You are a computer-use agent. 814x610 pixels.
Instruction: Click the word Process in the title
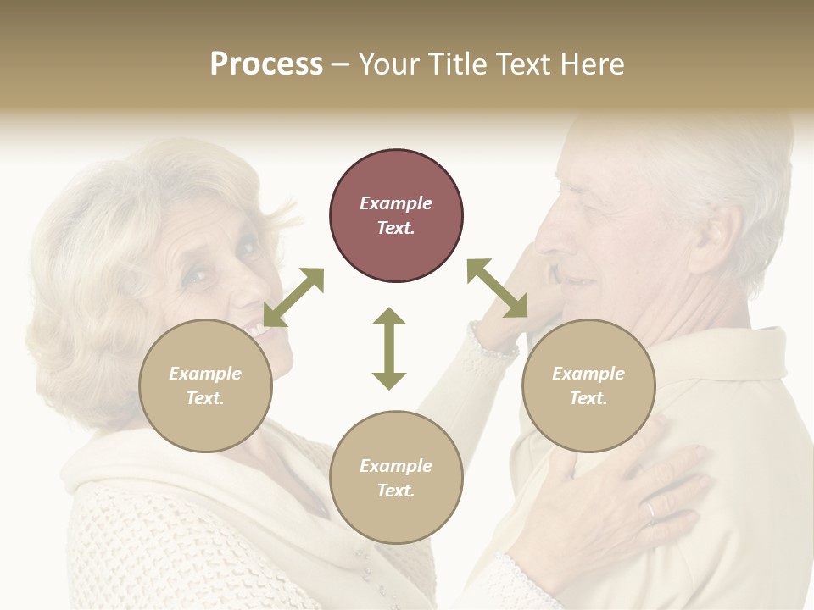(x=266, y=64)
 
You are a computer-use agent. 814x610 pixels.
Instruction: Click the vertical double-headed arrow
(x=389, y=348)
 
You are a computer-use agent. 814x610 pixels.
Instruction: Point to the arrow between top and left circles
(x=293, y=297)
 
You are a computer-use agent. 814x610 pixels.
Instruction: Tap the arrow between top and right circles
(x=498, y=288)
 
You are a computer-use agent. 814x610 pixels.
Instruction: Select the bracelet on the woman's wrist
(x=492, y=344)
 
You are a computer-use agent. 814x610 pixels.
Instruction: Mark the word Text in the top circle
(x=396, y=228)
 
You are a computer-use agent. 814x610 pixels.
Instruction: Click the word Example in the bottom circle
(x=396, y=466)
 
